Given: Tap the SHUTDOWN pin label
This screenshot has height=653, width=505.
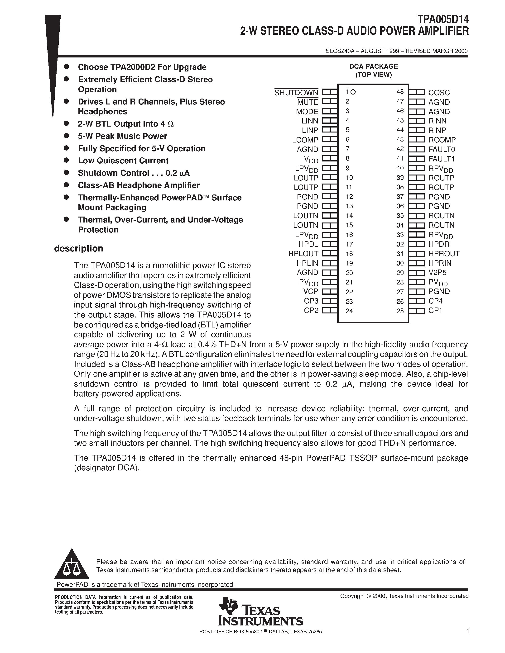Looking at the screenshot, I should tap(296, 93).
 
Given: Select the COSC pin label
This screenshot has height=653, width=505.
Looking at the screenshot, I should tap(439, 93).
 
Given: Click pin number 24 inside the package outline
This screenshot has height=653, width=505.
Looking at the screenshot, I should tap(349, 311).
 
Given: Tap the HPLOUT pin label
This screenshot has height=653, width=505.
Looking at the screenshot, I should tap(303, 254).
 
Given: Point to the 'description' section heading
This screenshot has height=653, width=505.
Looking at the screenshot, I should tap(78, 248).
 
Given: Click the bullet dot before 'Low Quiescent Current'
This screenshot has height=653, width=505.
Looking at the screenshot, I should tap(66, 160).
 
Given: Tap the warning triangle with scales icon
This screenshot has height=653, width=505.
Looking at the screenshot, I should tap(72, 565).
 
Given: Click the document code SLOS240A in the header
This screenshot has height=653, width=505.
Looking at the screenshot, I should tap(340, 51).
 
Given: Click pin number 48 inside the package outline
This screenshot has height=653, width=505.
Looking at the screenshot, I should tap(400, 92).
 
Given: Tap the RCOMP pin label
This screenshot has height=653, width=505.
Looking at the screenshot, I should tap(442, 140).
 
